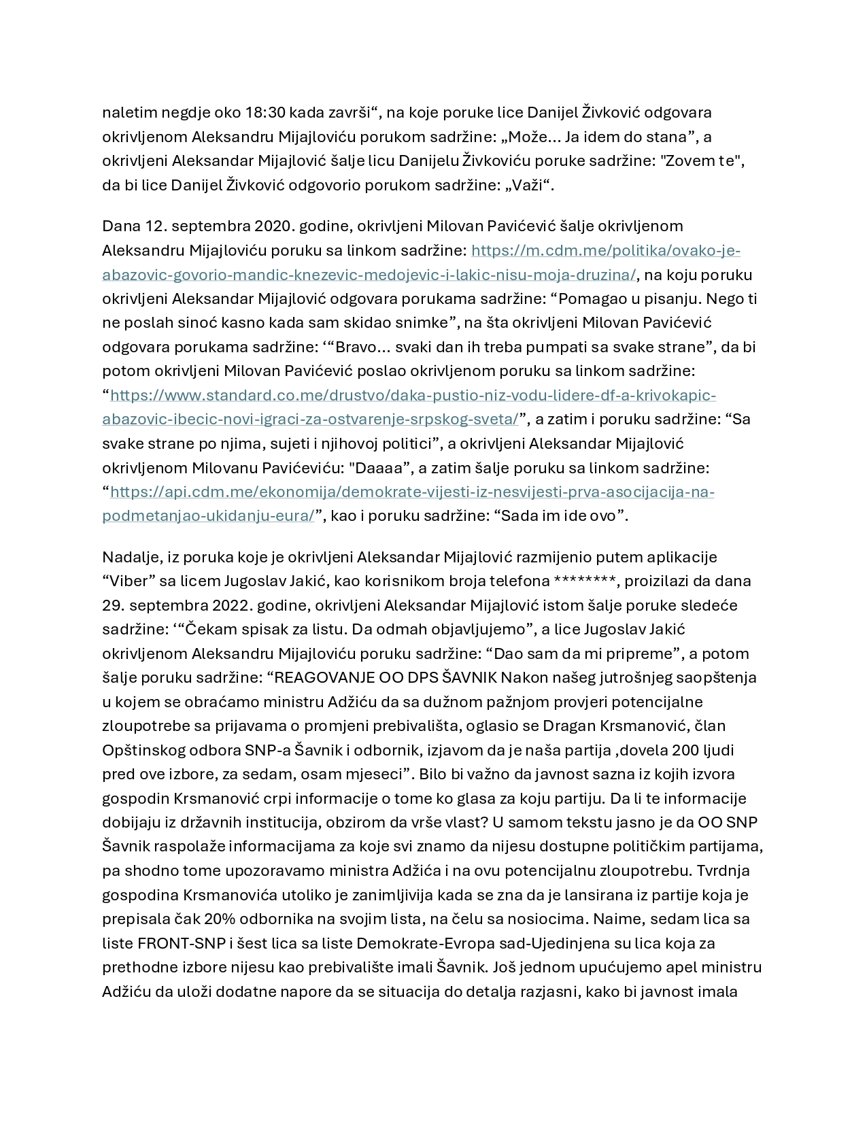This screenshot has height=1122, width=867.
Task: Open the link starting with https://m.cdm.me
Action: [x=605, y=250]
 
